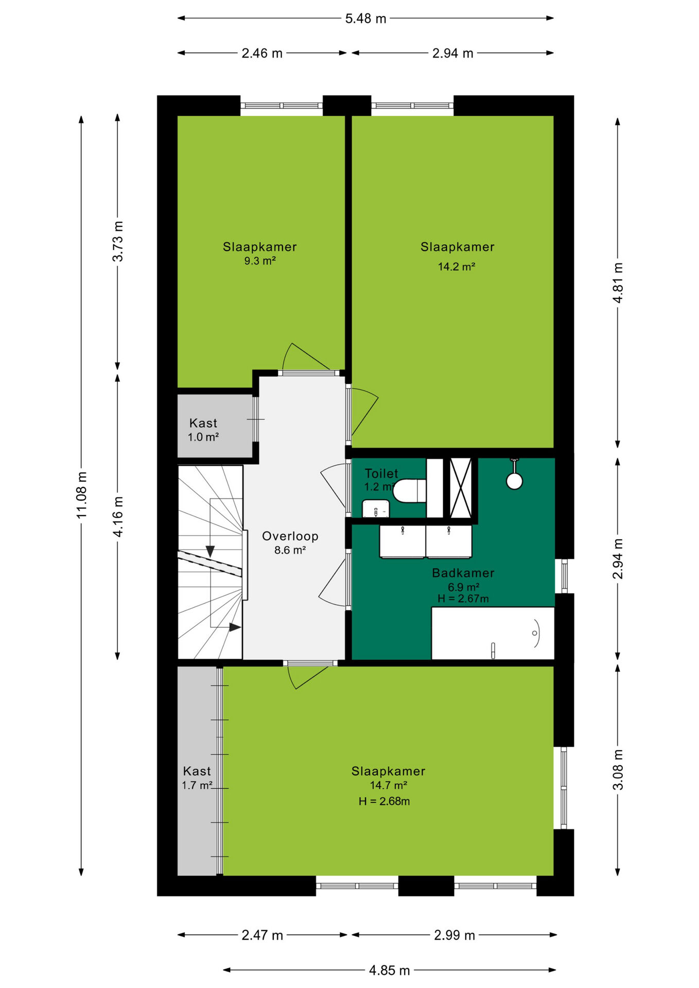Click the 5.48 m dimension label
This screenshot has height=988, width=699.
pyautogui.click(x=365, y=19)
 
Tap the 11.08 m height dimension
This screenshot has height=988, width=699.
pyautogui.click(x=82, y=495)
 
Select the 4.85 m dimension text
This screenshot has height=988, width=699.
pyautogui.click(x=390, y=970)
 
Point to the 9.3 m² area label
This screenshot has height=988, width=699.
pyautogui.click(x=260, y=261)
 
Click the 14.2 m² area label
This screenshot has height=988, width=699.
pyautogui.click(x=457, y=267)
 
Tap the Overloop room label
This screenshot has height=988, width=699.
pyautogui.click(x=290, y=536)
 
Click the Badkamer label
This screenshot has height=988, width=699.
pyautogui.click(x=463, y=573)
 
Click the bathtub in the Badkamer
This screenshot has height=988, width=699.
pyautogui.click(x=493, y=633)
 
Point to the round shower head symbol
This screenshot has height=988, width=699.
pyautogui.click(x=514, y=481)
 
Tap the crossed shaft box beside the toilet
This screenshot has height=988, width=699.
pyautogui.click(x=461, y=488)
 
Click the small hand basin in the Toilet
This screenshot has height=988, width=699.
pyautogui.click(x=376, y=509)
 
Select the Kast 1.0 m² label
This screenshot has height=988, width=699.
pyautogui.click(x=203, y=430)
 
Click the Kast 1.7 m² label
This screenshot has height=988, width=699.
pyautogui.click(x=197, y=778)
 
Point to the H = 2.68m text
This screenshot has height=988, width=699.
pyautogui.click(x=385, y=801)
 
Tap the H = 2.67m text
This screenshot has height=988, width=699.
pyautogui.click(x=463, y=598)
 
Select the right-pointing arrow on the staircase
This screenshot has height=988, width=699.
pyautogui.click(x=235, y=627)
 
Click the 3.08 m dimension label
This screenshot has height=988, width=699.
pyautogui.click(x=618, y=770)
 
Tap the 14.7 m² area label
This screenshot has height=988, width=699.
pyautogui.click(x=389, y=785)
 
